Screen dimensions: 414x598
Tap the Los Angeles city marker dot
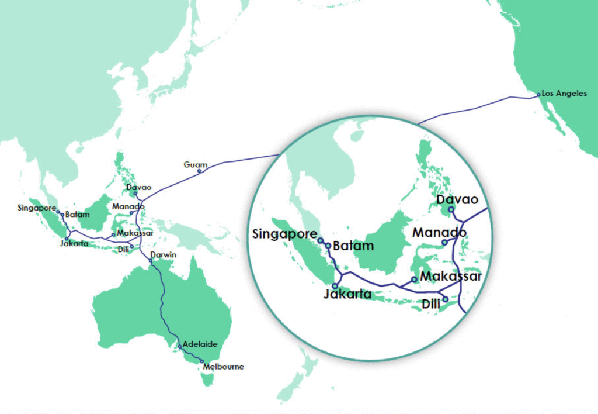tap(538, 94)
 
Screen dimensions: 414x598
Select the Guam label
tap(195, 164)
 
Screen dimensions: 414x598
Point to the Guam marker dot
tap(199, 171)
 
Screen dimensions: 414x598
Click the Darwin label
tap(163, 255)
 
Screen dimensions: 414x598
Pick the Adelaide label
tap(200, 344)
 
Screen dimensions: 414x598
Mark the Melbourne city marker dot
tap(202, 362)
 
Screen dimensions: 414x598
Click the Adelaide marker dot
tap(180, 346)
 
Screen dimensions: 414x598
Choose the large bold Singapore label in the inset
tap(284, 234)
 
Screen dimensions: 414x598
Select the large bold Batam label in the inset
tap(353, 246)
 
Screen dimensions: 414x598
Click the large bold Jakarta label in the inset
tap(347, 294)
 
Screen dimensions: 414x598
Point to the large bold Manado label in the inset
tap(439, 233)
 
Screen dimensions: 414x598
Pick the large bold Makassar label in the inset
tap(451, 276)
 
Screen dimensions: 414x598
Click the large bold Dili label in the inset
tap(430, 304)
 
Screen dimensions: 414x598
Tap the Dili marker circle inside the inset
tap(445, 299)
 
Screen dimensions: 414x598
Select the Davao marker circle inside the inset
tap(451, 209)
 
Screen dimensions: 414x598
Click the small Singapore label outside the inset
tap(37, 208)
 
